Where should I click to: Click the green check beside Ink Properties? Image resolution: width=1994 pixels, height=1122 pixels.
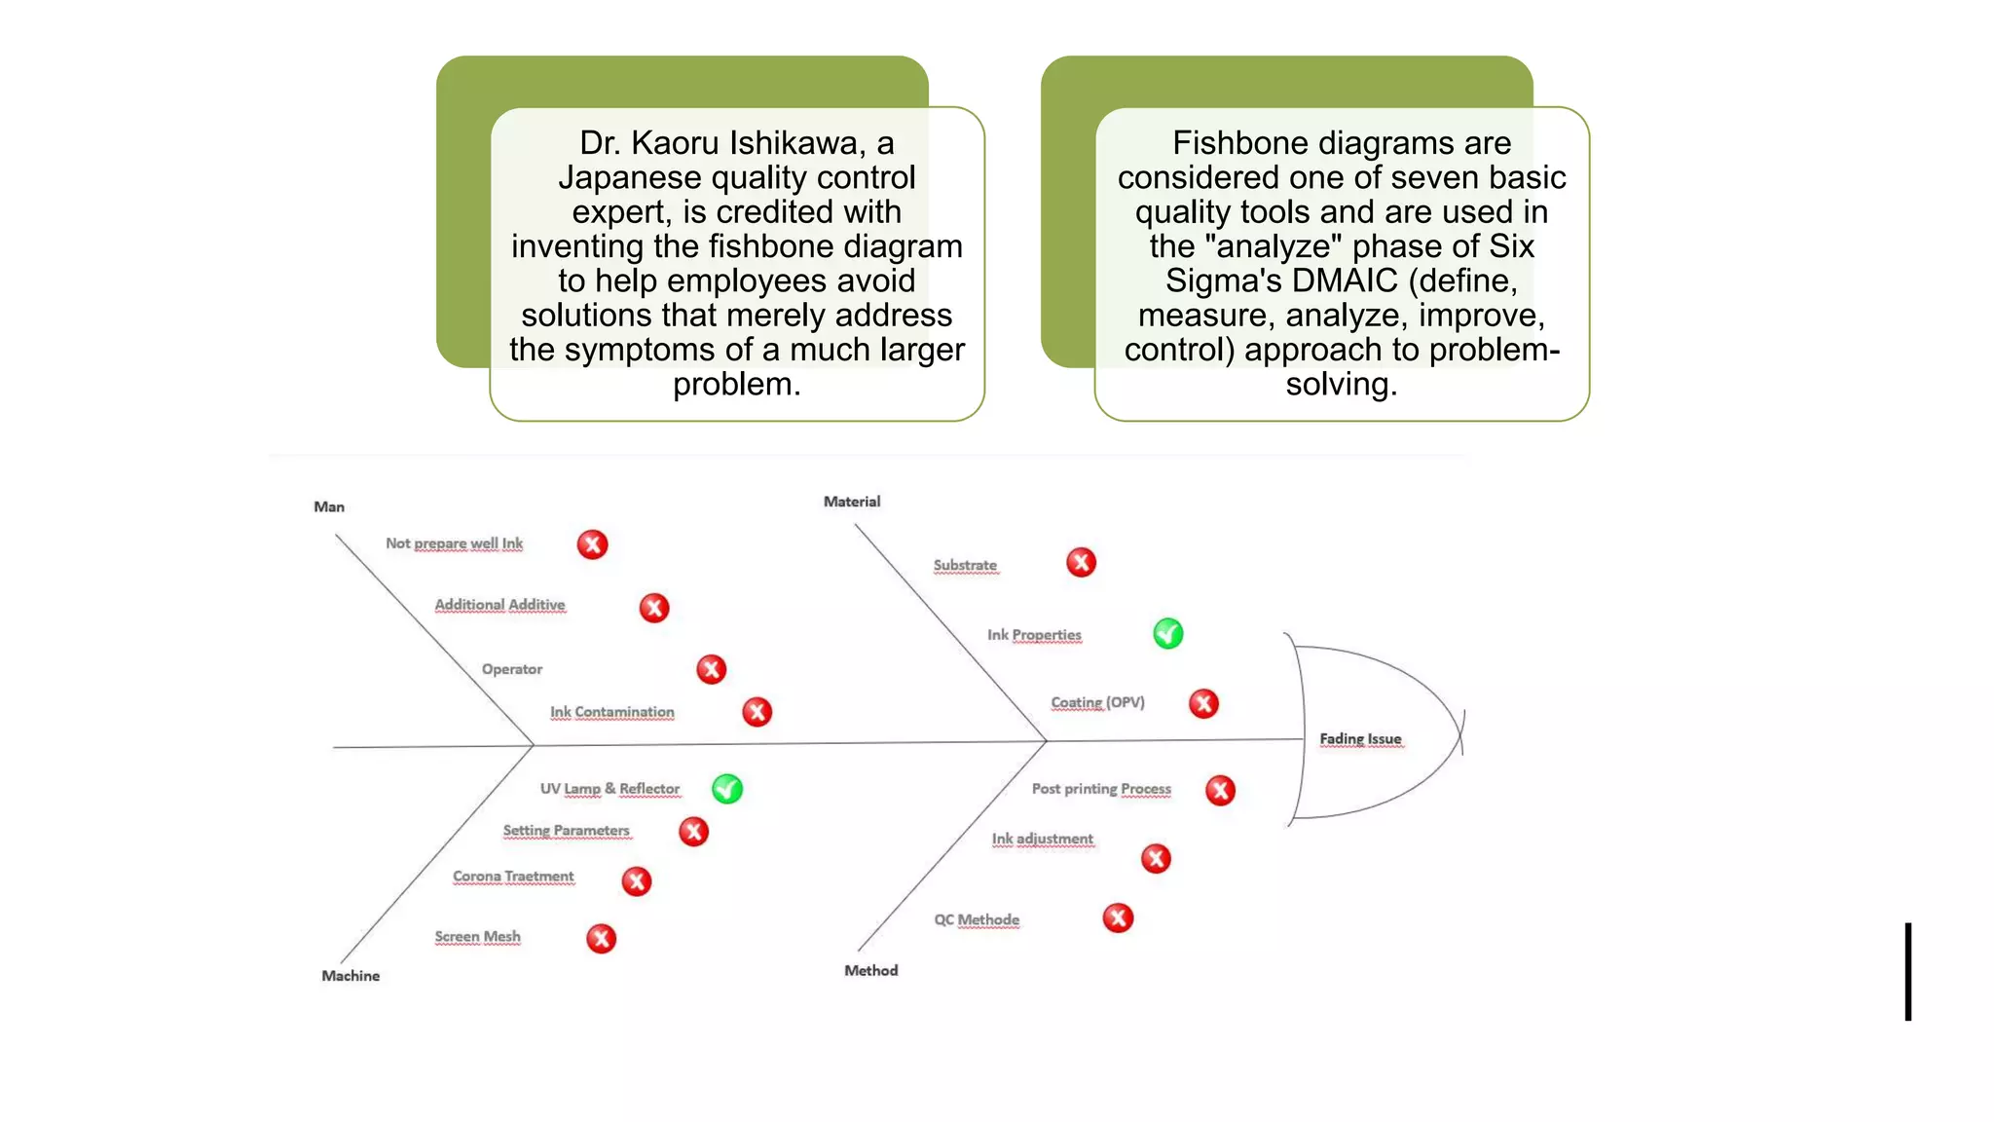pos(1167,634)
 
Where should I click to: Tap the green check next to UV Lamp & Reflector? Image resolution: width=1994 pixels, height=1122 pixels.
pos(726,788)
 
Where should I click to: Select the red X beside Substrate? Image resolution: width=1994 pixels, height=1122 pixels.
pos(1081,562)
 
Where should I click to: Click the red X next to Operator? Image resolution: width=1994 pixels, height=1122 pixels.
pos(711,669)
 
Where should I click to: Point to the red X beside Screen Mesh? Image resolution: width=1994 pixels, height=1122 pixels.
pos(601,938)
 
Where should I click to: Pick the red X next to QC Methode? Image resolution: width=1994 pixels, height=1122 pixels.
pos(1118,917)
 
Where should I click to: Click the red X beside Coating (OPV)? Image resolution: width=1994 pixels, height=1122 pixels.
pos(1203,703)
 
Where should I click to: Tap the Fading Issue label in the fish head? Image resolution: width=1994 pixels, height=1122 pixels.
pos(1360,739)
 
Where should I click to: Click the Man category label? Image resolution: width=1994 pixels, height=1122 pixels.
pos(329,506)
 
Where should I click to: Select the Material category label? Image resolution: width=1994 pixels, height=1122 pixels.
pos(852,502)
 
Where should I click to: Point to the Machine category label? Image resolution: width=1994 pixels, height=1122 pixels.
pos(351,976)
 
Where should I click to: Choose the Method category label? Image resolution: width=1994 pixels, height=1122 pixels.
pos(870,970)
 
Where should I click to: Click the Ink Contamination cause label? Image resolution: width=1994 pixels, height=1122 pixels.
pos(611,712)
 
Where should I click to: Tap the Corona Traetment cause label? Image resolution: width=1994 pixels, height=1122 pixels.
pos(513,877)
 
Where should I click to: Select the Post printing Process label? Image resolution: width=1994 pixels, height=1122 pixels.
pos(1101,789)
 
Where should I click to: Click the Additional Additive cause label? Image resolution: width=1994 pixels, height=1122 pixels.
pos(499,605)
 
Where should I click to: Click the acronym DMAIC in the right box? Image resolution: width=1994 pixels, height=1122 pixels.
pos(1344,280)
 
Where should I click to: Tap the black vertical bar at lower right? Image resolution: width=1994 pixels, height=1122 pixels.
pos(1908,971)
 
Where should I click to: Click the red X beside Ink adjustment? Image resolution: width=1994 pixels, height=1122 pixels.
pos(1156,858)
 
